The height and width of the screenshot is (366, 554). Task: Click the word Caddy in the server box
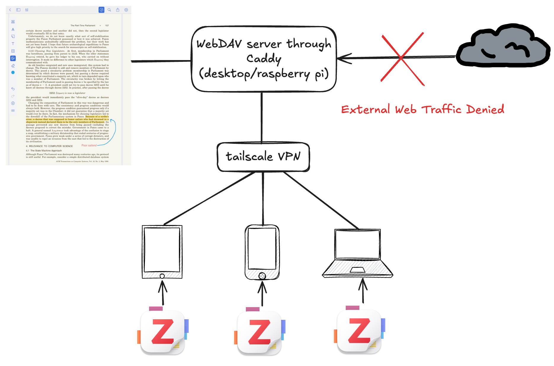coord(264,59)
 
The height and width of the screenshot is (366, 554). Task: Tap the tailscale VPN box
coord(263,157)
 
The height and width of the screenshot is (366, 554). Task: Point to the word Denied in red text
coord(485,109)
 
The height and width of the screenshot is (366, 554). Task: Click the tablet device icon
coord(162,251)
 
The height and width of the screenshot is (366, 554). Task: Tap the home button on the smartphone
coord(262,276)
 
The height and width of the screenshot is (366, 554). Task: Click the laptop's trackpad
coord(357,270)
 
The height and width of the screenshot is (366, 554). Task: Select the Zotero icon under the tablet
coord(163,331)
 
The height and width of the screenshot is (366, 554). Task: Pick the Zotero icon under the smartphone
coord(260,332)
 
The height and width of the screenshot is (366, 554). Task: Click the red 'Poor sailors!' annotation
coord(89,145)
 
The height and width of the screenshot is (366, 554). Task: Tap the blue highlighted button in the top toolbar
coord(101,10)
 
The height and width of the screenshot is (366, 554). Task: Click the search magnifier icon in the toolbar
coord(109,10)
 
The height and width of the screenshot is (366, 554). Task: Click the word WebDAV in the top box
coord(219,44)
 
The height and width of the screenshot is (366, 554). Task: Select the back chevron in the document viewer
coord(10,10)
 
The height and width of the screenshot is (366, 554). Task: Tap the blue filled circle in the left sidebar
coord(13,72)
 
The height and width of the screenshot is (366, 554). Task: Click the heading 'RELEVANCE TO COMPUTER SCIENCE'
coord(51,146)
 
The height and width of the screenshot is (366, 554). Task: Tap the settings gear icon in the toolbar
coord(126,10)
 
